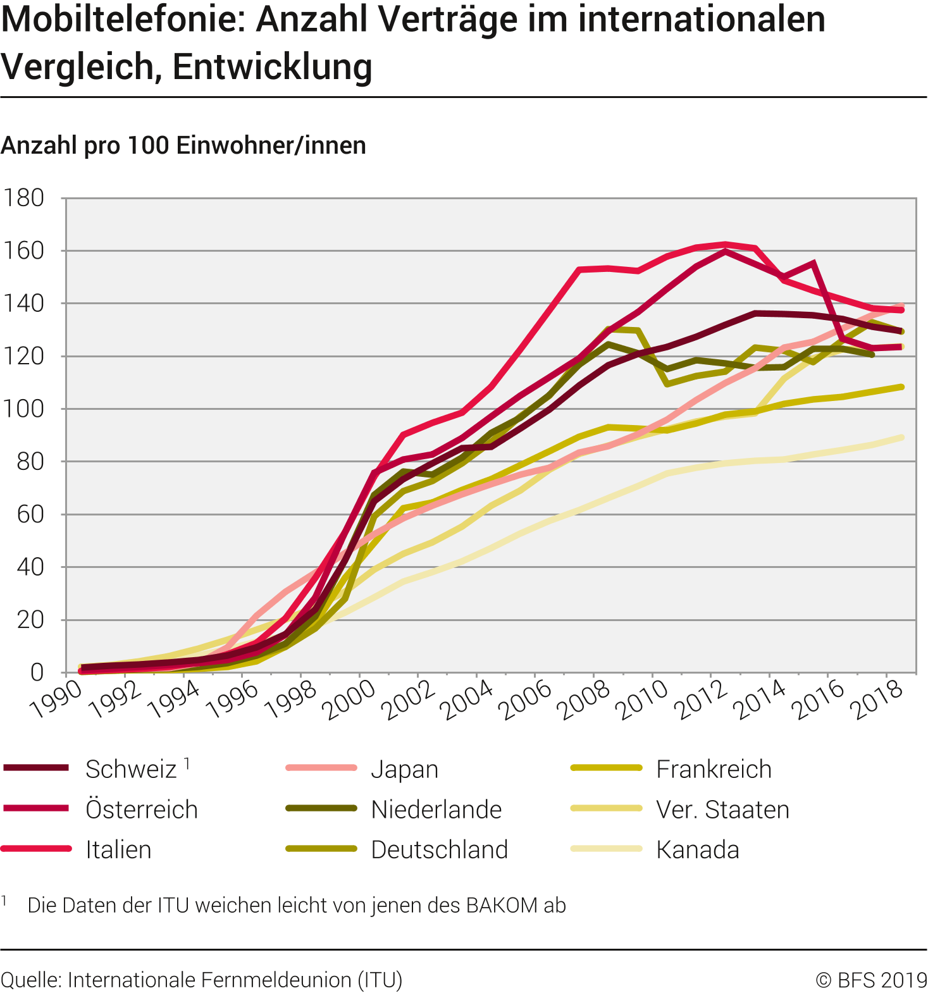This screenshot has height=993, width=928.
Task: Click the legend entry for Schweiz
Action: pos(131,769)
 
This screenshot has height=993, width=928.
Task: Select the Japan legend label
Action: pos(404,769)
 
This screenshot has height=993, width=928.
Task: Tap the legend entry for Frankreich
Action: pos(714,769)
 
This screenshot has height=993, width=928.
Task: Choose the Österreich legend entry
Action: pos(142,810)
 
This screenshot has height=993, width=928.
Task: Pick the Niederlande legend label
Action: pos(436,810)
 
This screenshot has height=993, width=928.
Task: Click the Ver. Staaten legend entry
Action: pos(722,810)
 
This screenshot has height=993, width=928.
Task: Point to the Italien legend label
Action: pos(118,849)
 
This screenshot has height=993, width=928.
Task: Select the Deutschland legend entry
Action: pos(440,849)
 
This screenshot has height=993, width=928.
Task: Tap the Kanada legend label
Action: pos(698,849)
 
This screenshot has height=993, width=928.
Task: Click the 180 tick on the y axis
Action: pos(24,198)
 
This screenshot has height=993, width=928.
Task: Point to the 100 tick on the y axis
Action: pos(24,409)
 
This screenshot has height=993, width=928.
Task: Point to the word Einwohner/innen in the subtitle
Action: pos(271,145)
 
